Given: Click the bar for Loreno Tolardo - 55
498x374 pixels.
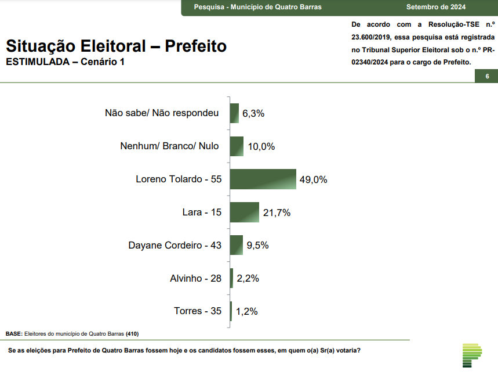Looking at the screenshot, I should (x=263, y=179).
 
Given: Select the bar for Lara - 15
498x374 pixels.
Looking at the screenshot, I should (x=245, y=213).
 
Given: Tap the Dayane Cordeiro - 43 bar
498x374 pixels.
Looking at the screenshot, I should (x=237, y=245).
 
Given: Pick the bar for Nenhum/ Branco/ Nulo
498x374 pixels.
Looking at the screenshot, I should (x=237, y=146).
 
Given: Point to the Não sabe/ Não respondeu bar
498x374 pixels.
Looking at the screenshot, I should (x=234, y=113).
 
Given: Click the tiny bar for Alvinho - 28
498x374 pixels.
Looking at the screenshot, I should (x=231, y=278).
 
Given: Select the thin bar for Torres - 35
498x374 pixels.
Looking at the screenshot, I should (x=231, y=311).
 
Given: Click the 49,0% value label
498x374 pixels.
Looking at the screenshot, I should (x=313, y=180).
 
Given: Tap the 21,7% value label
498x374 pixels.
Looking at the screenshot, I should (x=277, y=213).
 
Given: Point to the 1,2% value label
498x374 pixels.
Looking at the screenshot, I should (x=246, y=312).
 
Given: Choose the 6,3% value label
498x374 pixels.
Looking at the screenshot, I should (x=253, y=114).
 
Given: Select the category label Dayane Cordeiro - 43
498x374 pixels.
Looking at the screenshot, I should (x=175, y=245).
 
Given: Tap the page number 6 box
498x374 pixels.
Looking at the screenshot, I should (x=487, y=77).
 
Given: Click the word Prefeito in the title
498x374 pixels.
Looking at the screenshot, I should (x=195, y=46).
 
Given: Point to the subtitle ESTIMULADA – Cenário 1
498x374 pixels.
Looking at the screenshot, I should (x=65, y=62).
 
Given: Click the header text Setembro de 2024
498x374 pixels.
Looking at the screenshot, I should (x=436, y=7).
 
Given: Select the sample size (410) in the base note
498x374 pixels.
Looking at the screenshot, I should (x=132, y=334).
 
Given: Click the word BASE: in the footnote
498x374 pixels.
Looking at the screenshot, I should (x=14, y=334).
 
